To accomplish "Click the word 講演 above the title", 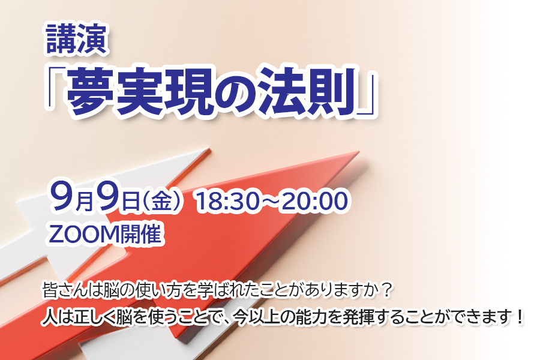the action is tap(76, 39).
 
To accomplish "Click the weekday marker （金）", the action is tap(161, 201).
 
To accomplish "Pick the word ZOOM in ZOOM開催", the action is tap(83, 234).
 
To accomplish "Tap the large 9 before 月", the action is tap(62, 196).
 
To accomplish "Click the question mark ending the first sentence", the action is tap(387, 291).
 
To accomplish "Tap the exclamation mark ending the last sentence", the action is tap(520, 317).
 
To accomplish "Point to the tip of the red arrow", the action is tap(359, 151).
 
